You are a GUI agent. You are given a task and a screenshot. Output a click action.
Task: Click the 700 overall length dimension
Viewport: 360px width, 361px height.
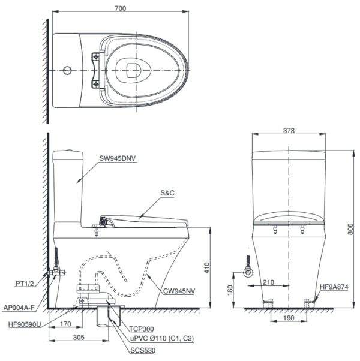[x=121, y=8]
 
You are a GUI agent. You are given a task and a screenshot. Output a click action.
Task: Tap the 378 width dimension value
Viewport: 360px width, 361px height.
[x=289, y=131]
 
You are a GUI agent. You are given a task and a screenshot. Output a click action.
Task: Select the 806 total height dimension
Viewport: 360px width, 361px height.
[x=350, y=229]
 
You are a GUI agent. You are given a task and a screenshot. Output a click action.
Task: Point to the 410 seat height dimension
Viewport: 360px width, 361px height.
[x=207, y=268]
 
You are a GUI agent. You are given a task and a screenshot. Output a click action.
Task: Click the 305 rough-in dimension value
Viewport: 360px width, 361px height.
[x=79, y=337]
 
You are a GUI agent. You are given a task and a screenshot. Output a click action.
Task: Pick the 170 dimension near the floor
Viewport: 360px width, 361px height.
[x=65, y=324]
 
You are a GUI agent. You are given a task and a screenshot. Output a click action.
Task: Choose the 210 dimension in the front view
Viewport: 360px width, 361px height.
[x=268, y=282]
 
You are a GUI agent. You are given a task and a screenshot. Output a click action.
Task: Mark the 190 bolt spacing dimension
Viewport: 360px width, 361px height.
[x=289, y=318]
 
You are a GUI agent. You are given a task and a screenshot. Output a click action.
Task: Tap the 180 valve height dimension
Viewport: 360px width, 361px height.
[x=230, y=290]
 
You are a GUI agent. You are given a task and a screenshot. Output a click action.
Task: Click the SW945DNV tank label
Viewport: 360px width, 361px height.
[x=118, y=158]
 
